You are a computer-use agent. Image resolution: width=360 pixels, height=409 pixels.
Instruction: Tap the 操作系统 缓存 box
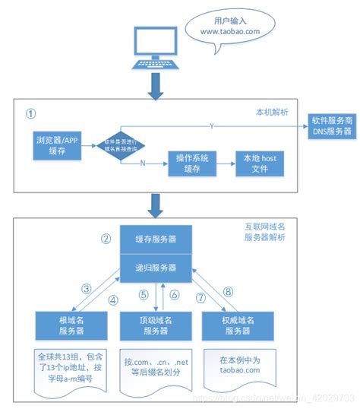(192, 162)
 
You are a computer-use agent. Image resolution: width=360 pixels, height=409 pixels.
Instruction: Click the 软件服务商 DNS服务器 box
(331, 126)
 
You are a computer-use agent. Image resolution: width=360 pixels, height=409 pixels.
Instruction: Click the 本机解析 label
(273, 112)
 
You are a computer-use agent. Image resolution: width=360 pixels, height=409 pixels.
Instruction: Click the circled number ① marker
(30, 113)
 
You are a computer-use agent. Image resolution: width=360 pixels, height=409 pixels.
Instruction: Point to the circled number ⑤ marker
(142, 294)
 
